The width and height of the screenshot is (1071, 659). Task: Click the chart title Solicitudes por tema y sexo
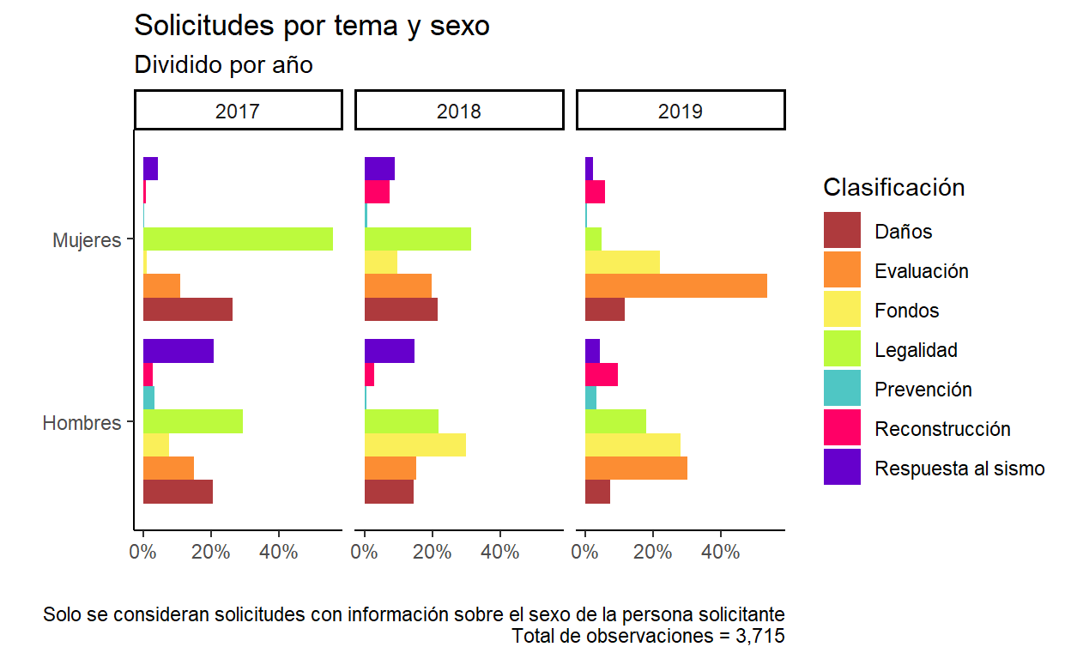312,26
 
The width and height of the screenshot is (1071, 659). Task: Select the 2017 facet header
239,111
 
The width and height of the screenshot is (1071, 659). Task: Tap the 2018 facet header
459,111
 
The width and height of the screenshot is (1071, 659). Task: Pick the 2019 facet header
681,111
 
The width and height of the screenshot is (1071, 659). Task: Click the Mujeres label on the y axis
87,240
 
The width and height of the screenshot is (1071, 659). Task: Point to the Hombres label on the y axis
82,423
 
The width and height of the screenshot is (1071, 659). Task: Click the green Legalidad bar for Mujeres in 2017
238,239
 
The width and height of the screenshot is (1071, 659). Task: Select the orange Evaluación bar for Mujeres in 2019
675,285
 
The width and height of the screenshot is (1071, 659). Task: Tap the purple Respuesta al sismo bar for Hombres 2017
178,351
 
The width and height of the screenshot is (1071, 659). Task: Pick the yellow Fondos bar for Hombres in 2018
414,444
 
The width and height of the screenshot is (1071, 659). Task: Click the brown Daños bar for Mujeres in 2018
401,309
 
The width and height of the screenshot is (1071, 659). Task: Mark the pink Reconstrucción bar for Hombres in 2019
601,374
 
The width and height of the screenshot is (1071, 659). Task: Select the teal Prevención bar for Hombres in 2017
148,397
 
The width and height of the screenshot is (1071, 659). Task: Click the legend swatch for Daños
842,231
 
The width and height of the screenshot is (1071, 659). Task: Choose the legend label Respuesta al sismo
959,469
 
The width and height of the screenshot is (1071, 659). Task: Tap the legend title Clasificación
893,187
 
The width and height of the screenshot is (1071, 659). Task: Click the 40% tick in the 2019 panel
721,552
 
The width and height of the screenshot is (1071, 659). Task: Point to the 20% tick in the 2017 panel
211,552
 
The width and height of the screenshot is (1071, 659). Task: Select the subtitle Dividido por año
223,64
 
